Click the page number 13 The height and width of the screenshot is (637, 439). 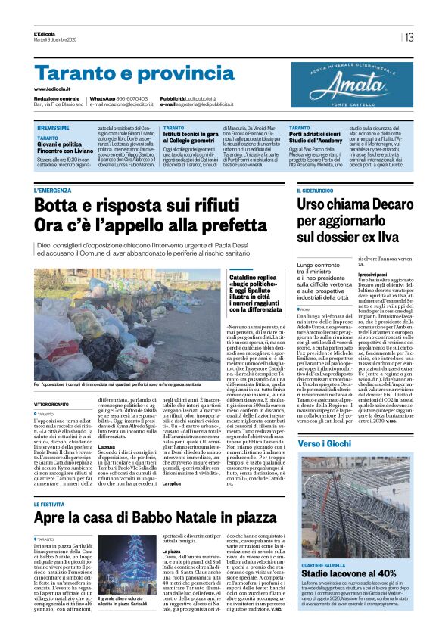click(409, 37)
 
